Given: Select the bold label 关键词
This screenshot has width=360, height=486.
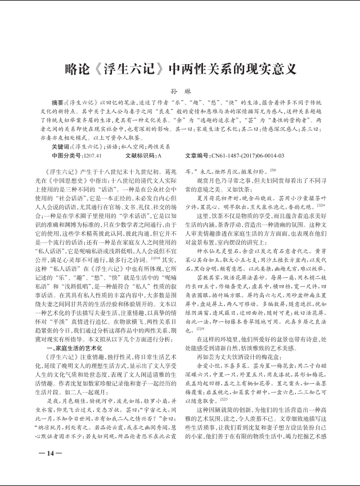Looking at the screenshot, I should pos(61,146).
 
